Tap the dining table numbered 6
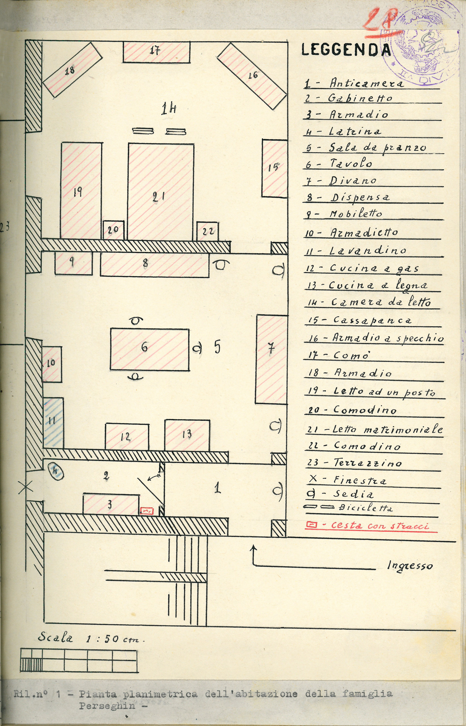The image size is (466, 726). (x=150, y=349)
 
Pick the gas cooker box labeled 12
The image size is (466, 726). (x=127, y=437)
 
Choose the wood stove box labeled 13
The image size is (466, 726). (x=187, y=435)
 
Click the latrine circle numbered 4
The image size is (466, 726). (x=56, y=472)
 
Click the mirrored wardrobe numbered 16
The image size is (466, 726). (x=252, y=75)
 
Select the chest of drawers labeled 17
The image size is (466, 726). (x=156, y=52)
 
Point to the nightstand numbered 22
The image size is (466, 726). (x=207, y=231)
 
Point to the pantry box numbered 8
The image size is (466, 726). (x=154, y=264)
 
